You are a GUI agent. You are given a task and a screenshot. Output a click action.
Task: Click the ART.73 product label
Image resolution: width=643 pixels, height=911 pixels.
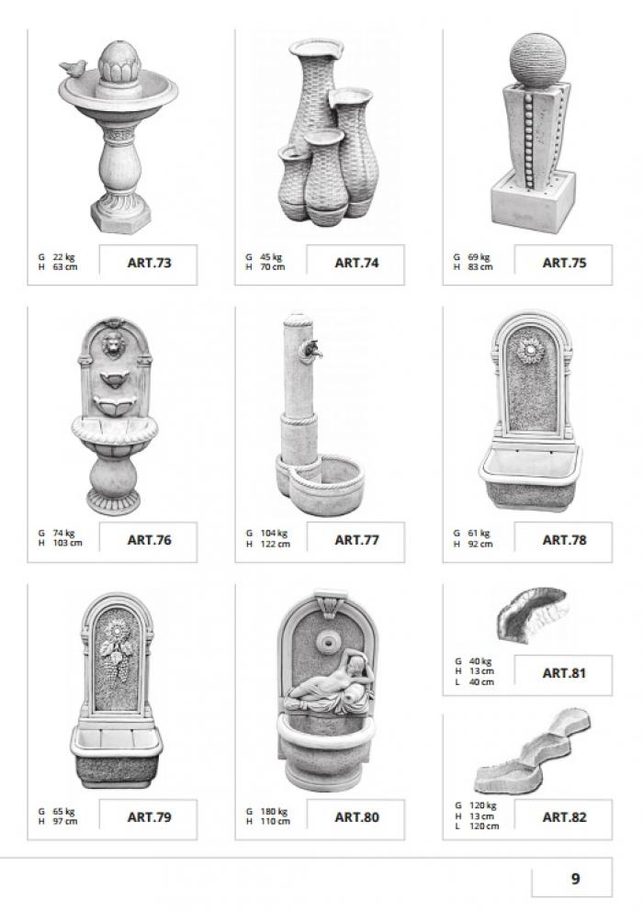tap(149, 263)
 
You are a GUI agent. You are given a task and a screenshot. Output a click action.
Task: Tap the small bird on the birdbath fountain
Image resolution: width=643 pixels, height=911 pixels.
tap(73, 68)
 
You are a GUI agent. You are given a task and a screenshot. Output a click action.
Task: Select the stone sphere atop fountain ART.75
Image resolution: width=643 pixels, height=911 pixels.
tap(536, 61)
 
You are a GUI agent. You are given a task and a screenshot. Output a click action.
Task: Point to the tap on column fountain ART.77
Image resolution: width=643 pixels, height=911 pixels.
tap(309, 348)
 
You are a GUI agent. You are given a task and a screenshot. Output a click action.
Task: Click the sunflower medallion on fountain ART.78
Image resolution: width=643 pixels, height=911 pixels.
tap(530, 349)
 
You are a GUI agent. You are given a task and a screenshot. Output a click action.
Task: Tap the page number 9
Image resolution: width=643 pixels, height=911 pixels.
tap(575, 879)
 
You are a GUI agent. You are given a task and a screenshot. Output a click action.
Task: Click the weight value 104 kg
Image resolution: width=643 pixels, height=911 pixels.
tap(275, 534)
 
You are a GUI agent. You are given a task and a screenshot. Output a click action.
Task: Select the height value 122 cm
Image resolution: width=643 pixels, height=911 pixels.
tap(276, 544)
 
